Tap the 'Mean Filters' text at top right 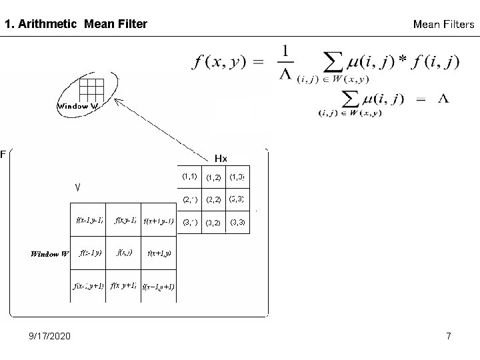(x=443, y=25)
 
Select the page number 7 (x=449, y=336)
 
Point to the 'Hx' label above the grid (x=221, y=158)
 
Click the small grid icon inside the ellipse (x=91, y=89)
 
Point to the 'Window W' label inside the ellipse (x=78, y=106)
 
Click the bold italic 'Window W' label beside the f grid (x=50, y=253)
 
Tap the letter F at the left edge (x=3, y=155)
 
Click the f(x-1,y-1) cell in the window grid (x=89, y=221)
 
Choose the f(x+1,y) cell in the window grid (x=159, y=253)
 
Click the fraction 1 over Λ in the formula (x=285, y=62)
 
